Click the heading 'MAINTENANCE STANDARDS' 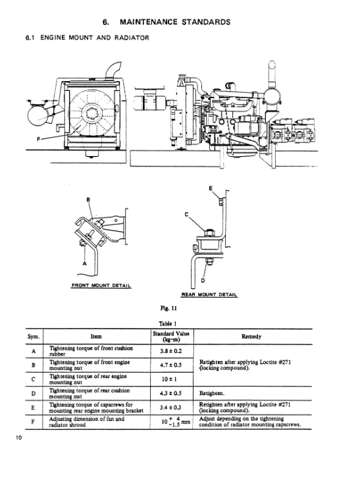coord(175,22)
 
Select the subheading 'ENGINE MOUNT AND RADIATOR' coord(95,38)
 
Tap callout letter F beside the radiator coord(39,140)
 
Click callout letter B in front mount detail coord(88,200)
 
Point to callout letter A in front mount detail coord(85,263)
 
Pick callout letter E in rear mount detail coord(211,188)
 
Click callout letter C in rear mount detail coord(186,215)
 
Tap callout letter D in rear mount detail coord(203,280)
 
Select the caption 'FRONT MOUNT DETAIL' coord(101,286)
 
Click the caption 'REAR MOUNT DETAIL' coord(209,294)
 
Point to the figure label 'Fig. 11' coord(168,308)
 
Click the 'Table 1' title coord(168,323)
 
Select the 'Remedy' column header coord(251,336)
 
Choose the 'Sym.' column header coord(34,336)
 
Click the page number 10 coord(19,438)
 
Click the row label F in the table coord(33,422)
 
